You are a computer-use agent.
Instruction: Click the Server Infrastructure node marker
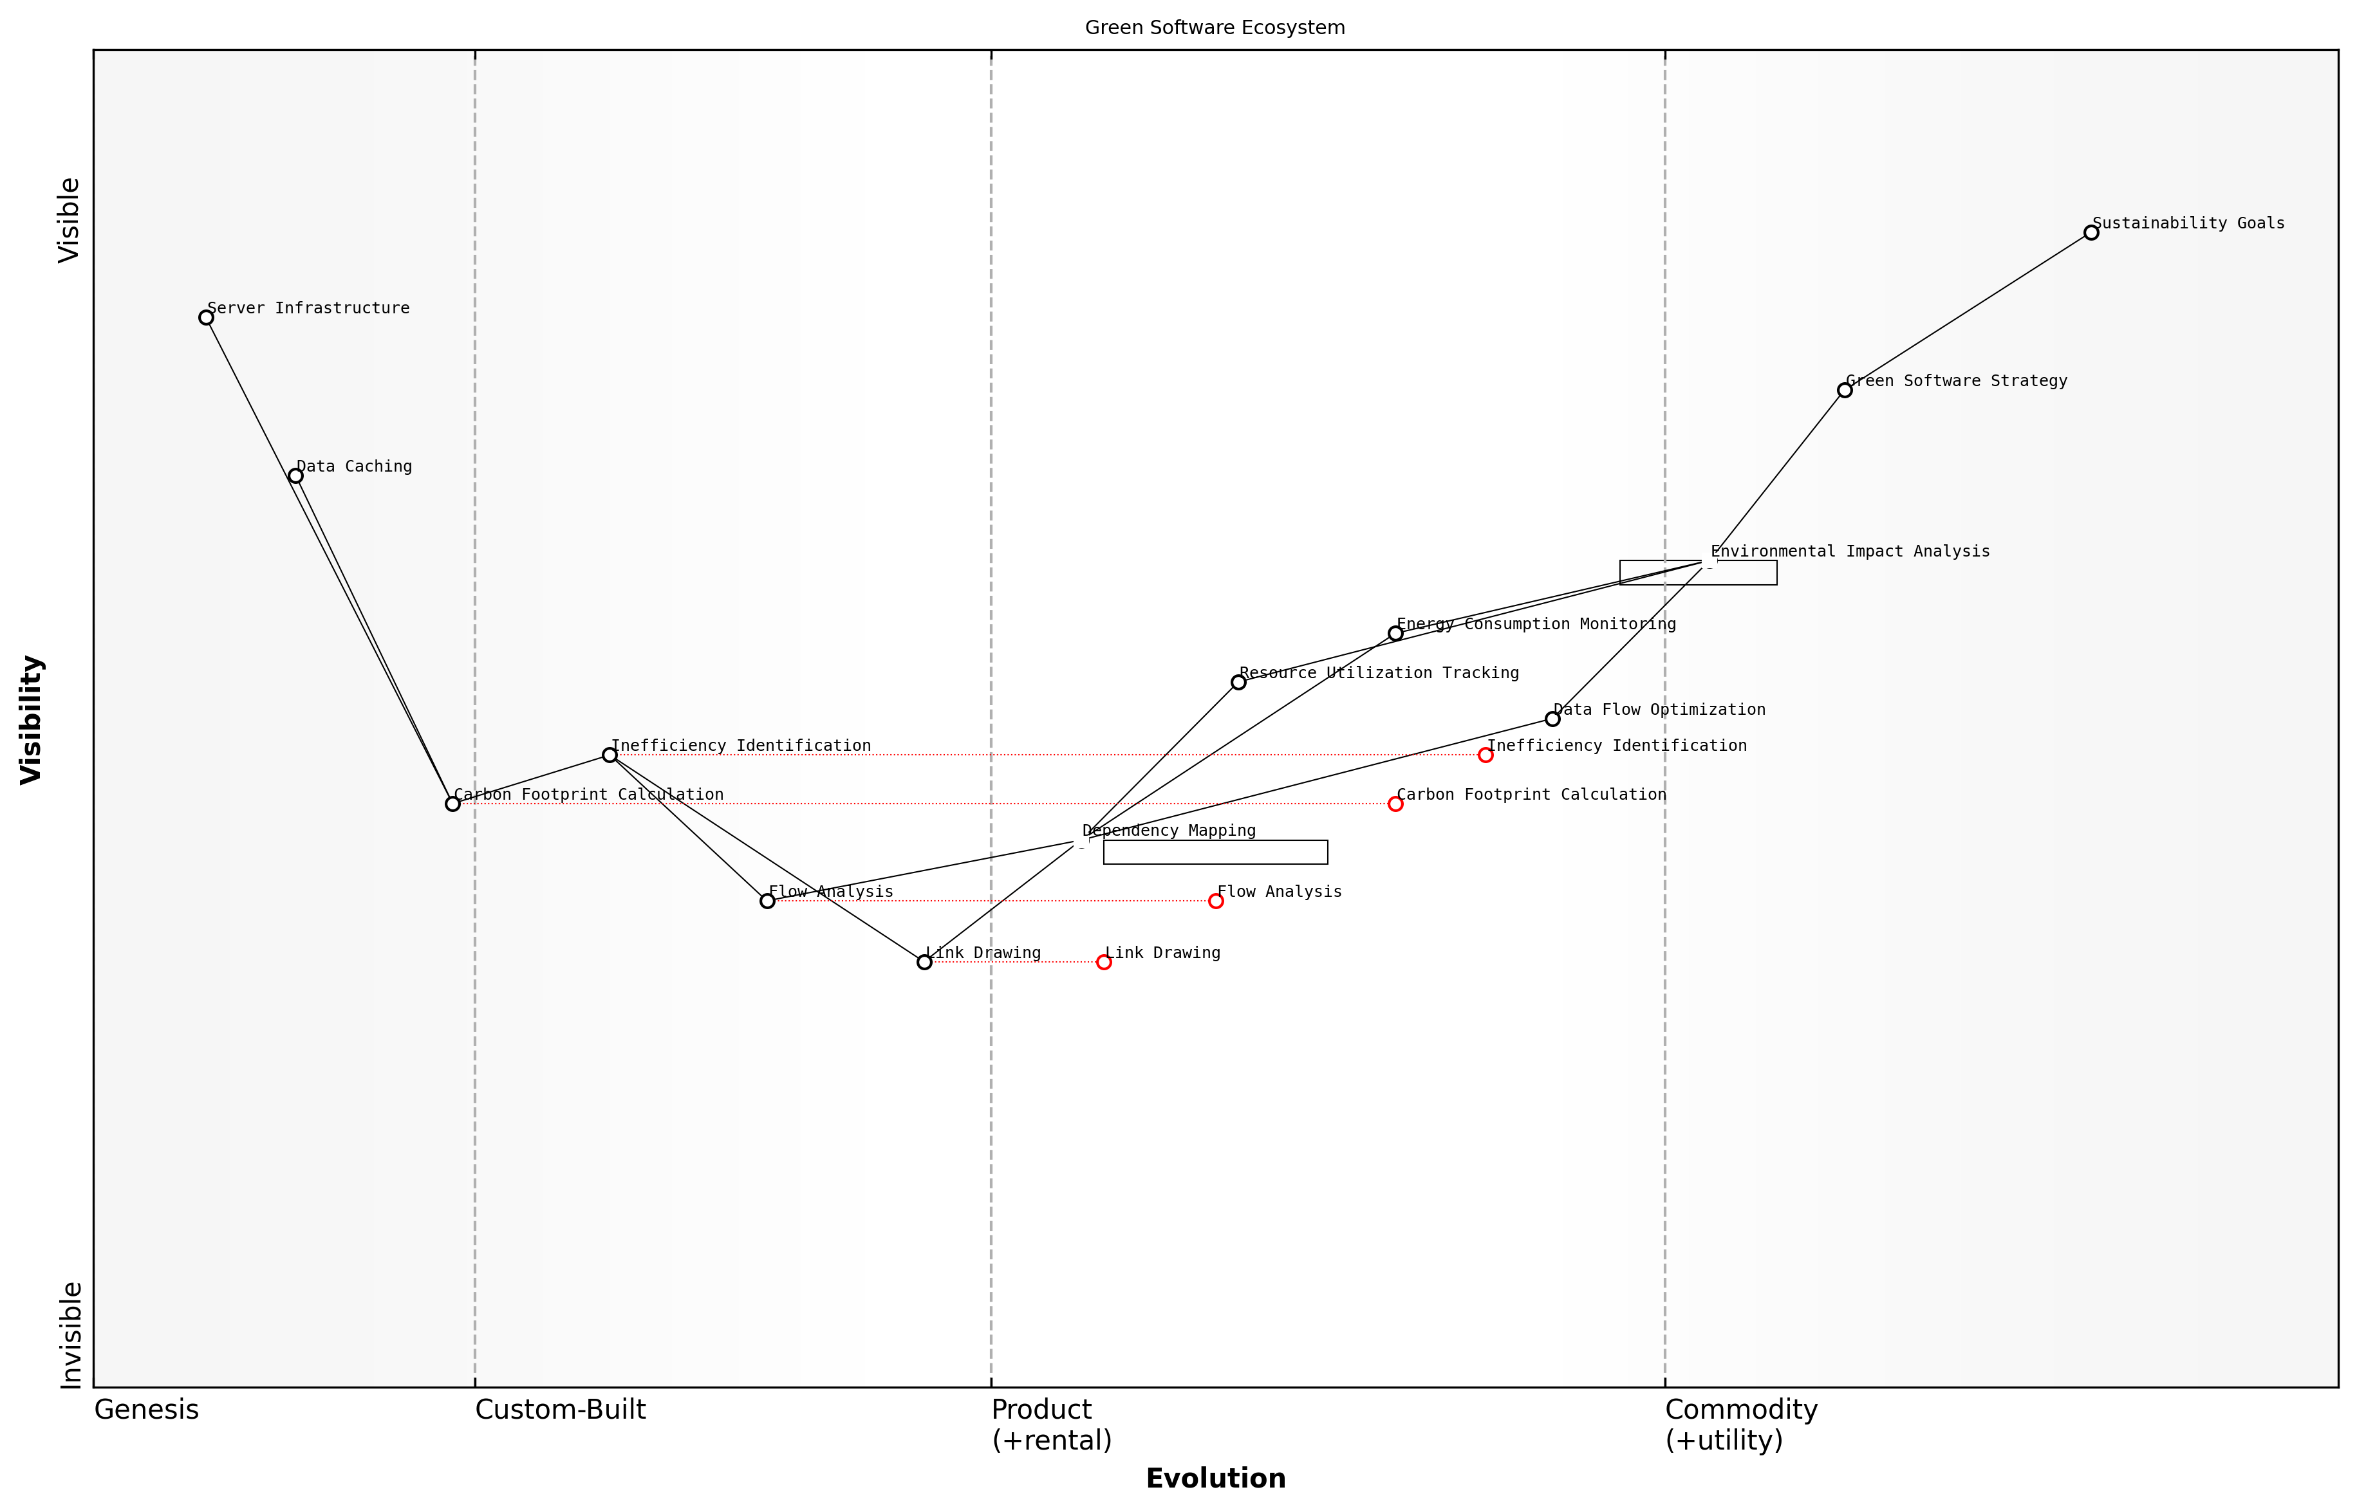pyautogui.click(x=206, y=317)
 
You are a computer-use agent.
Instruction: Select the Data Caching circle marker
pyautogui.click(x=295, y=476)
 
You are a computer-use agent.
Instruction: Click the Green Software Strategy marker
pyautogui.click(x=1845, y=391)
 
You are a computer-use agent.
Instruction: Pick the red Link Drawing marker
pyautogui.click(x=1104, y=962)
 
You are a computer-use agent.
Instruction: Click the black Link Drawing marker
pyautogui.click(x=924, y=962)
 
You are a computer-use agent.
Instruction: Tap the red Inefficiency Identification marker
pyautogui.click(x=1486, y=755)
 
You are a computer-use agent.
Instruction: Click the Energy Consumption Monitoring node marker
pyautogui.click(x=1395, y=633)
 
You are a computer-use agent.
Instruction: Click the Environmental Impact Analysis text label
pyautogui.click(x=1850, y=552)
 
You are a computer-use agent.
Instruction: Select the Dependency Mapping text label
pyautogui.click(x=1169, y=831)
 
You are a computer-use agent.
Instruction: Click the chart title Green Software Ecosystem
pyautogui.click(x=1215, y=28)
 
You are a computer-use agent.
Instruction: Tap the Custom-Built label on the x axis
pyautogui.click(x=560, y=1410)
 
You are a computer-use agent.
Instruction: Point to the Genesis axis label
pyautogui.click(x=146, y=1410)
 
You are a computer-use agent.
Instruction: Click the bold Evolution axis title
pyautogui.click(x=1215, y=1479)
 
